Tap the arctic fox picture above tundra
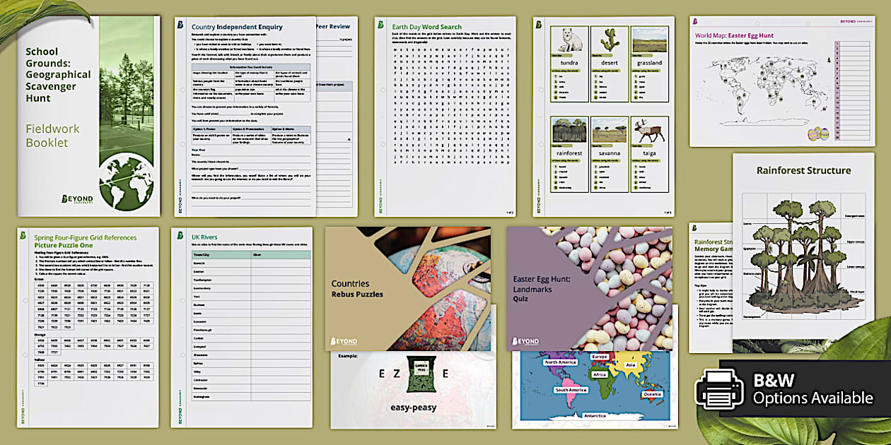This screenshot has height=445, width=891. click(x=570, y=40)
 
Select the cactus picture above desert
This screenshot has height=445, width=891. click(x=610, y=40)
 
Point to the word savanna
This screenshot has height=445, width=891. click(x=610, y=153)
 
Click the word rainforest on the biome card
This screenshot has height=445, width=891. click(x=570, y=153)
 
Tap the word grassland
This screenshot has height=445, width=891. click(x=649, y=62)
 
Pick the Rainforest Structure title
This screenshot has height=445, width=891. click(x=803, y=170)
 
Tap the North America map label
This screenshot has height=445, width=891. click(x=560, y=362)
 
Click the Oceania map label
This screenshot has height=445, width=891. click(x=651, y=394)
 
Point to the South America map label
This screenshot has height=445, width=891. click(x=571, y=390)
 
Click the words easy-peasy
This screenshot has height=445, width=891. click(x=414, y=408)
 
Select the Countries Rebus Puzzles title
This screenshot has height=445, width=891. click(x=358, y=288)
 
